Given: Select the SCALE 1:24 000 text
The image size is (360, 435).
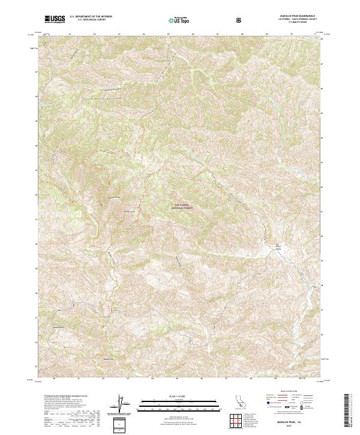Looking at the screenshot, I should (x=172, y=397).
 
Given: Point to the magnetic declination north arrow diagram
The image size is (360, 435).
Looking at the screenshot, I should (x=119, y=404).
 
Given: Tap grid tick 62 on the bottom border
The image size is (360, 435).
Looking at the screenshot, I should (x=103, y=379).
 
